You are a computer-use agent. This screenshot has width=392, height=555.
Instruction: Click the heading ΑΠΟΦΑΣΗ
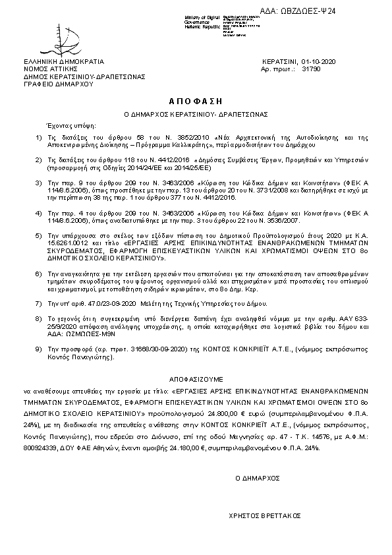click(x=196, y=102)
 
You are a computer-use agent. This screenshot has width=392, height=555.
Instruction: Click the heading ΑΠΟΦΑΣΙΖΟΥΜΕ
click(x=196, y=380)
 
